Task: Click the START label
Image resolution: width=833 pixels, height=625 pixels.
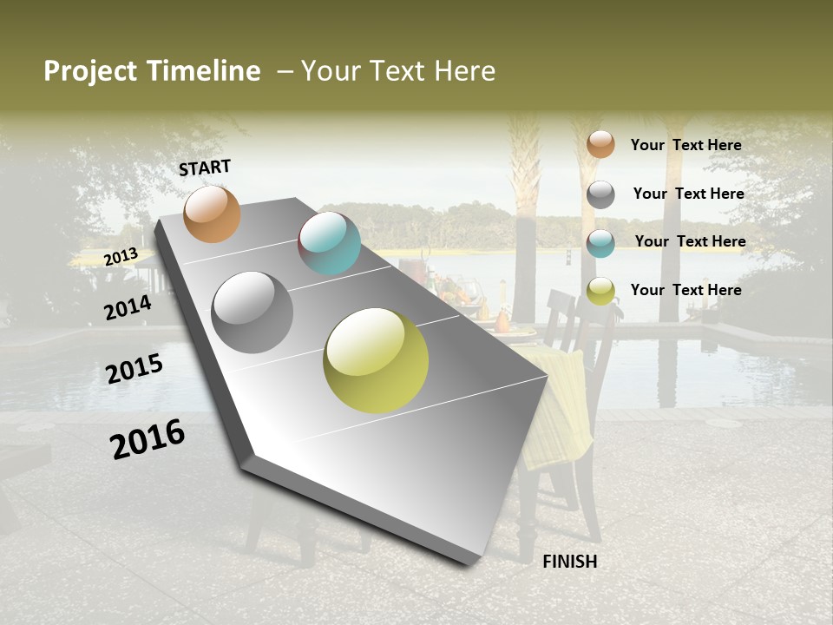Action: [x=205, y=167]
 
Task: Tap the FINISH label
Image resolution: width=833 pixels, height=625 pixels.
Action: [x=569, y=562]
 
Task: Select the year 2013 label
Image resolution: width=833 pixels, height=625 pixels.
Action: [x=121, y=256]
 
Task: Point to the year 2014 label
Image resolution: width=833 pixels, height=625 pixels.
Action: [x=128, y=307]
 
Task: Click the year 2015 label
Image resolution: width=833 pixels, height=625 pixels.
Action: [x=134, y=369]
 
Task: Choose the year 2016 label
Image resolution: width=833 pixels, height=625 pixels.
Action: [x=148, y=439]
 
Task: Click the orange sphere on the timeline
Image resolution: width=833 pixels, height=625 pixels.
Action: [x=212, y=214]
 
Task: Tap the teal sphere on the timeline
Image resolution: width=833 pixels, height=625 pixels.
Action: [x=329, y=243]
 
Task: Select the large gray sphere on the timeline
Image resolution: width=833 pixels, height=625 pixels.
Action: [x=253, y=312]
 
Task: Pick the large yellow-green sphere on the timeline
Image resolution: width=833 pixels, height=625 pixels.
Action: [x=376, y=359]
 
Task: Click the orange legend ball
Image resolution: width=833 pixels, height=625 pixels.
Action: [x=600, y=144]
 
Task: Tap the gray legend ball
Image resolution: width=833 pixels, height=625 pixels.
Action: [x=600, y=194]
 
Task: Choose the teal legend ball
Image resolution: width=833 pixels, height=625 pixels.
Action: [x=600, y=243]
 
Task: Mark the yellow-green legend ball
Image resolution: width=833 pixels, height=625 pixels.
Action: [x=600, y=291]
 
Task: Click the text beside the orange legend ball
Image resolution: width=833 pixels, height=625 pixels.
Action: [x=685, y=145]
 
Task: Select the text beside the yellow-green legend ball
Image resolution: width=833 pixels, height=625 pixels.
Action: [x=685, y=290]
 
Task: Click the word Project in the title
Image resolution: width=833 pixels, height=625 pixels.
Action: [x=90, y=71]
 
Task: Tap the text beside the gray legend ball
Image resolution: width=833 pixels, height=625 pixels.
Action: [x=688, y=194]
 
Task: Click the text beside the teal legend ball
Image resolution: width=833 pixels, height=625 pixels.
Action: [x=690, y=241]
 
